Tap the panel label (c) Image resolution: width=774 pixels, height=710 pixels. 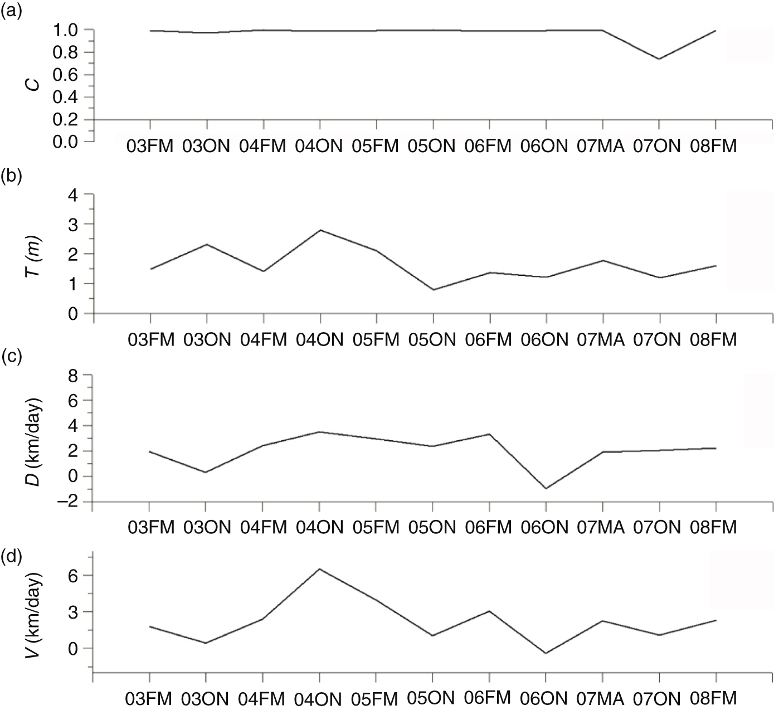coord(11,358)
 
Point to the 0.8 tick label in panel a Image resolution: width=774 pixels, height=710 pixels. coord(65,52)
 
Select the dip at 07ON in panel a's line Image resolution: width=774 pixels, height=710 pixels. coord(659,59)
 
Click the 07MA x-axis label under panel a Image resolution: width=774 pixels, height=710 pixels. coord(600,146)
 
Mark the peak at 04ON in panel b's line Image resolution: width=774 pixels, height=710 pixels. coord(320,230)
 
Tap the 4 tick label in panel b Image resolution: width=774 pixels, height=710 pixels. coord(74,195)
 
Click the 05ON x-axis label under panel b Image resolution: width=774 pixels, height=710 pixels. coord(432,340)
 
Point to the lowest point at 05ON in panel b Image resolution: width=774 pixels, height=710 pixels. coord(434,289)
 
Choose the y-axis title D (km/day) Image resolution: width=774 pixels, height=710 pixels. coord(34,441)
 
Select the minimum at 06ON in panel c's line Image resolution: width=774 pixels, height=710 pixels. coord(546,488)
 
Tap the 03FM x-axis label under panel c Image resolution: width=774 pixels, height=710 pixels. coord(151,527)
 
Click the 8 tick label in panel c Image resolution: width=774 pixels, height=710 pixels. coord(74,376)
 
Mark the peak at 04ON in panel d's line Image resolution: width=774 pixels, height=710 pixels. coord(320,569)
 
